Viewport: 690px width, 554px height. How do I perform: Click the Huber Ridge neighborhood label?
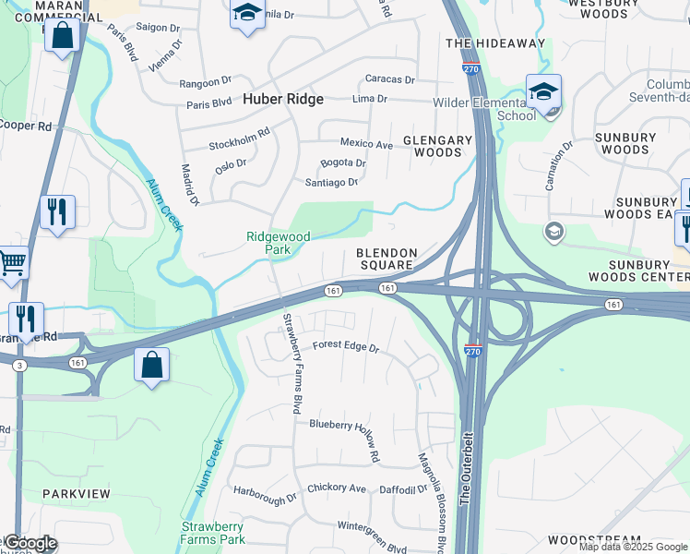[282, 98]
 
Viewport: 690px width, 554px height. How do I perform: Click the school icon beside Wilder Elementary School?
[543, 90]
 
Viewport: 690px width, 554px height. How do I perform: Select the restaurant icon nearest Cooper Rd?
[57, 211]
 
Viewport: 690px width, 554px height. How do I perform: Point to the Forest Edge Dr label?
[346, 348]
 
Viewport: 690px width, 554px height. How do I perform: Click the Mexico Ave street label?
[366, 144]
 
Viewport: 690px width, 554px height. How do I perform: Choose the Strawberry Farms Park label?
[213, 533]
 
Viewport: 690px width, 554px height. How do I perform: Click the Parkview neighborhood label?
[76, 494]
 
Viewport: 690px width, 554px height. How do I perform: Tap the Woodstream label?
[594, 539]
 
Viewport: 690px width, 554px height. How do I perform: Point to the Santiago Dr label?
[331, 183]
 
